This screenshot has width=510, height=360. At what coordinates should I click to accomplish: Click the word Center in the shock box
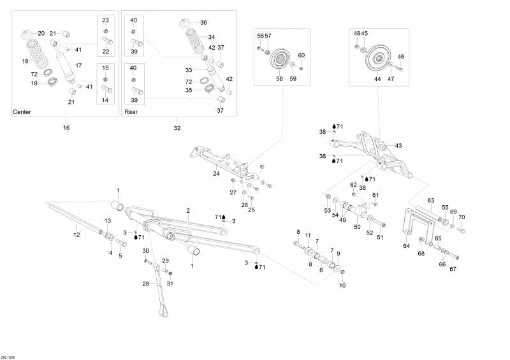coord(22,112)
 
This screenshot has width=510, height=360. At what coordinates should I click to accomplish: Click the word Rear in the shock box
coord(131,112)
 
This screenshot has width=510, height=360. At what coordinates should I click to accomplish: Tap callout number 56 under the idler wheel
coord(279,79)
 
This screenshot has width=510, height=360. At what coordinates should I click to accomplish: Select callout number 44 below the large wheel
coord(377,79)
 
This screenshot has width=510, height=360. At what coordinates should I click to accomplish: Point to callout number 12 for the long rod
coord(76,234)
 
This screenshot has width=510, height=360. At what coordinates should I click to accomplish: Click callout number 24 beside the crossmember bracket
coord(216,174)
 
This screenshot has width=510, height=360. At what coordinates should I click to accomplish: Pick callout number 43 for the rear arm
coord(398,146)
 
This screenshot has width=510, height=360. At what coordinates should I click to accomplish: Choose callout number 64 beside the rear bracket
coord(407,246)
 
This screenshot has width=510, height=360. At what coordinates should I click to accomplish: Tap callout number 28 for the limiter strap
coord(146,284)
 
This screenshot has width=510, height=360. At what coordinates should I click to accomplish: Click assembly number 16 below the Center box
coord(66,127)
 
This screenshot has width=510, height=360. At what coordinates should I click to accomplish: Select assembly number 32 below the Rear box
coord(177,128)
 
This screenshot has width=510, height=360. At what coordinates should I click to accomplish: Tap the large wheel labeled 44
coord(377,59)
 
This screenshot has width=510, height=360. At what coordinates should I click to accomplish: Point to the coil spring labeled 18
coord(36,54)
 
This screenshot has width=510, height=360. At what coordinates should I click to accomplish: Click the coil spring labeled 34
coord(195,41)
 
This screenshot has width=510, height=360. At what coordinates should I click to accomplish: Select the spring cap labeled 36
coord(185,24)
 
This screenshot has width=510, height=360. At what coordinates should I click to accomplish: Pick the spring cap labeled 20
coord(27,34)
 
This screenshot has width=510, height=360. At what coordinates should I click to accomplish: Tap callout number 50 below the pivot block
coord(357,227)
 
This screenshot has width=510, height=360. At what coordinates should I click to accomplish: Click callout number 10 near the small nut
coord(342,285)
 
